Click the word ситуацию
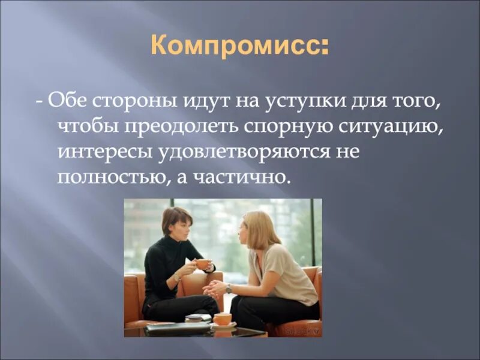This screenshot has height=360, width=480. pyautogui.click(x=377, y=125)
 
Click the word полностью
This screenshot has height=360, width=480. pyautogui.click(x=107, y=177)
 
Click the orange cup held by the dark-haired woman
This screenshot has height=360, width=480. pyautogui.click(x=202, y=264)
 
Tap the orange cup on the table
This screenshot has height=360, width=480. pyautogui.click(x=223, y=319)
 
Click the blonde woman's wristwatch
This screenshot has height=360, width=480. pyautogui.click(x=229, y=288)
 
